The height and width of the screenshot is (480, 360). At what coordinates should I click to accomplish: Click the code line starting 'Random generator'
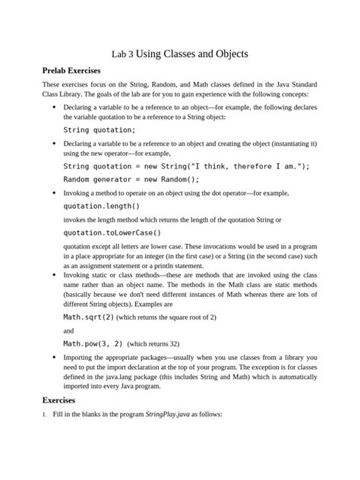tap(131, 179)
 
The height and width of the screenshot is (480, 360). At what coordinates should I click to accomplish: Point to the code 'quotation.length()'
tap(102, 205)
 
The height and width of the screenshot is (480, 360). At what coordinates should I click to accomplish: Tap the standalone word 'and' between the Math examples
tap(69, 330)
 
